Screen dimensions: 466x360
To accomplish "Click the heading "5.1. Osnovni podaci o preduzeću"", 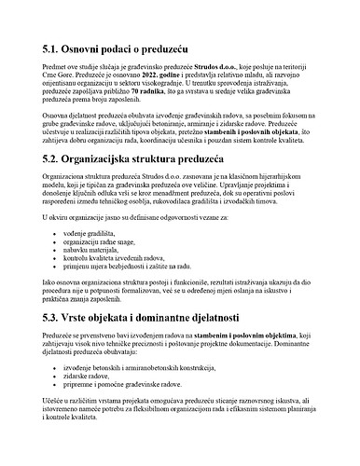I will (x=125, y=47).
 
